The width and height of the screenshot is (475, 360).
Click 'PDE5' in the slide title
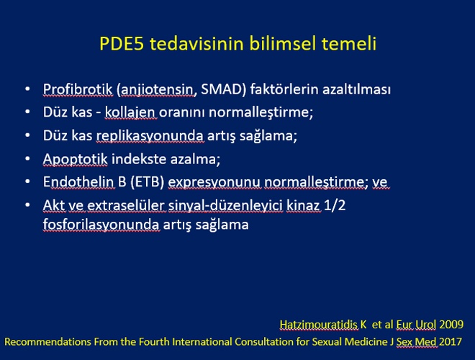click(122, 43)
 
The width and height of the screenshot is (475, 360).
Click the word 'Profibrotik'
click(78, 89)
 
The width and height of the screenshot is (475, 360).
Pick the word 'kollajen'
click(130, 112)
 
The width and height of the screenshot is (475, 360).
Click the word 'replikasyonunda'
click(150, 136)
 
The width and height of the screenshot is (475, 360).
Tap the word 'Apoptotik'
click(75, 159)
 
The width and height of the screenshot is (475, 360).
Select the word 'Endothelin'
click(78, 181)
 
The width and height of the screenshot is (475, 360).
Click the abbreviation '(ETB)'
click(148, 182)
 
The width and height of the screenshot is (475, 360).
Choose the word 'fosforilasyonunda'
click(101, 225)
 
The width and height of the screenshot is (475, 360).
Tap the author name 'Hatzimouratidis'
click(319, 324)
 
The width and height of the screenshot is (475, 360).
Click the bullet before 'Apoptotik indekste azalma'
click(27, 158)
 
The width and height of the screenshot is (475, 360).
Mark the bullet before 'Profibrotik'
click(27, 89)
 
